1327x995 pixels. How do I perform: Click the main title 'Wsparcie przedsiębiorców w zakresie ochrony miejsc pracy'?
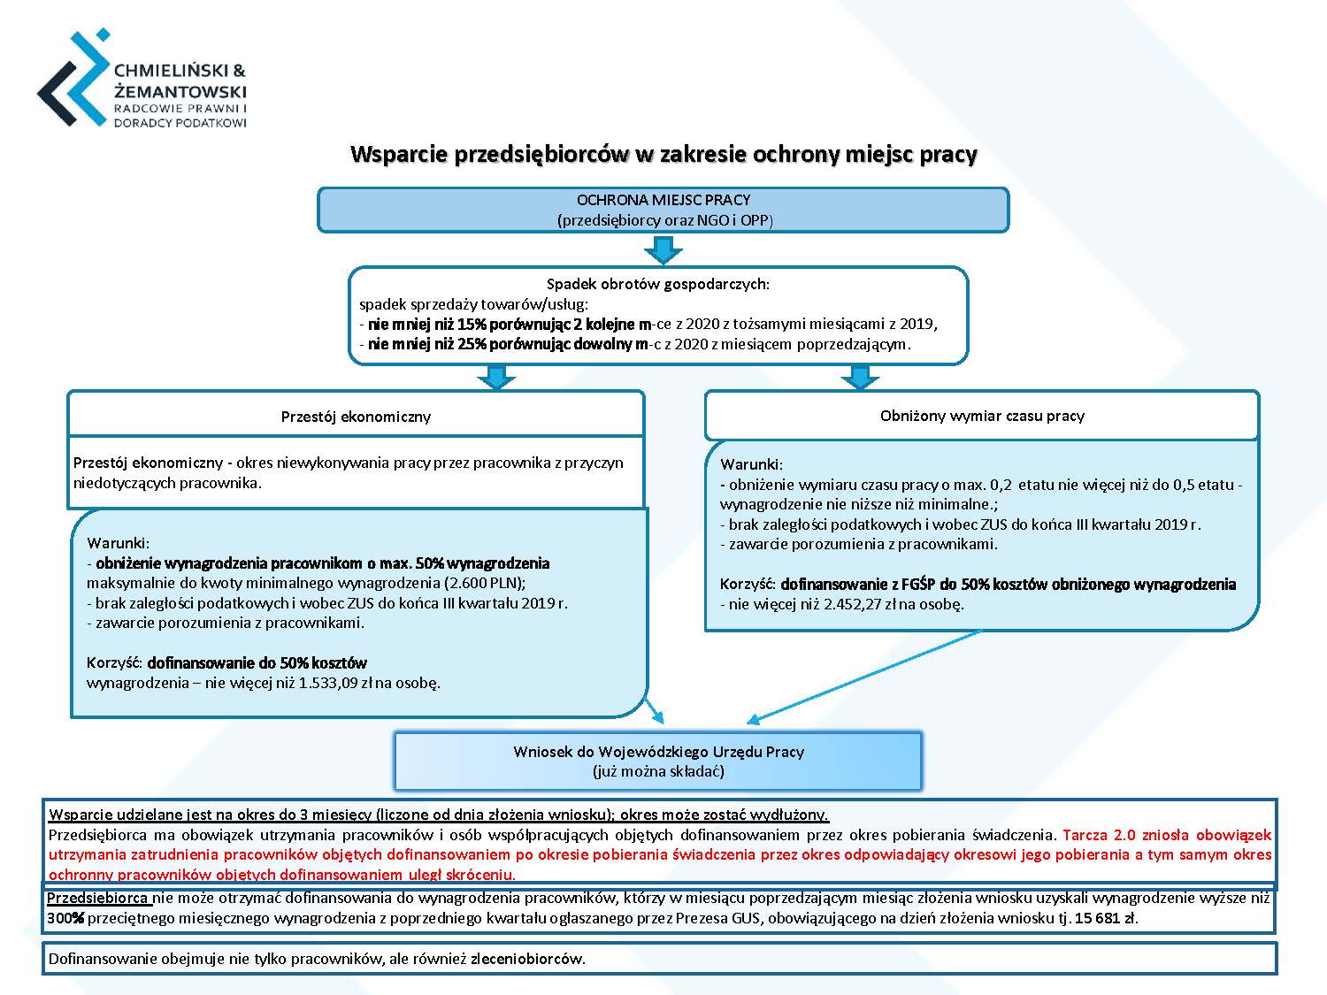(x=663, y=154)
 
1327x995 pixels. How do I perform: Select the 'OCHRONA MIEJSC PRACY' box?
(x=663, y=210)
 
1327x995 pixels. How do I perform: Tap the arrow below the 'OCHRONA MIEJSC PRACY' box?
(x=663, y=250)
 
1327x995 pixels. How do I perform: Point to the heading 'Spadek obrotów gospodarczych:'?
(x=658, y=284)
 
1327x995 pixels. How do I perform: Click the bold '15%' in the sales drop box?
(x=472, y=325)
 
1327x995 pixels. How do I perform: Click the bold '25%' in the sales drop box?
(x=472, y=344)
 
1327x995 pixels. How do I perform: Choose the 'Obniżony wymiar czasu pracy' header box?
(x=982, y=416)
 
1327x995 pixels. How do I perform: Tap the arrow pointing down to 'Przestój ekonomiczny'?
(x=496, y=377)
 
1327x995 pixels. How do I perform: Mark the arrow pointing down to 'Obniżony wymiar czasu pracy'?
(x=860, y=377)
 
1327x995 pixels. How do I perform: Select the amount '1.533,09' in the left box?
(x=327, y=684)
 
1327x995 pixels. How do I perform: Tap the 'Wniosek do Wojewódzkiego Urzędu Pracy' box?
(x=658, y=762)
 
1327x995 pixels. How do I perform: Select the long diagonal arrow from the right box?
(x=864, y=676)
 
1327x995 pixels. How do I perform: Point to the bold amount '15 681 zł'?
(x=1106, y=918)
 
